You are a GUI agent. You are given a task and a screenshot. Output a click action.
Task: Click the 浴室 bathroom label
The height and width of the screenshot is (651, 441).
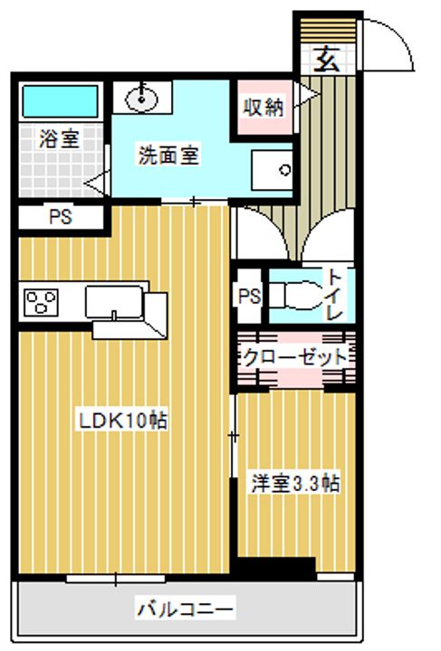[x=59, y=139]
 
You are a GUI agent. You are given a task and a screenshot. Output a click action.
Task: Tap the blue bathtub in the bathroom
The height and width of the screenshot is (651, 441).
[x=61, y=101]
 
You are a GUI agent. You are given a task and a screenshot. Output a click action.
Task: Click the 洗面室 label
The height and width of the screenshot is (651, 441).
[x=168, y=155]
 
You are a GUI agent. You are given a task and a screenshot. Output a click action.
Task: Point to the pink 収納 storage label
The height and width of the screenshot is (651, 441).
[x=264, y=108]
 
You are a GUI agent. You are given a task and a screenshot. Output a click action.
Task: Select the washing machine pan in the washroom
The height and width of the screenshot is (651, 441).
[x=273, y=170]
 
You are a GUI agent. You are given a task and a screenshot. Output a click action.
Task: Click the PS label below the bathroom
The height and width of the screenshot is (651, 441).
[x=61, y=217]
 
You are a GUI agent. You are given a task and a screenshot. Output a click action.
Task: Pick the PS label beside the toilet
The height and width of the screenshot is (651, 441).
[x=249, y=297]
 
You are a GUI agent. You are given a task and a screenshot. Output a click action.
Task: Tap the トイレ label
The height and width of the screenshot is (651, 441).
[x=335, y=295]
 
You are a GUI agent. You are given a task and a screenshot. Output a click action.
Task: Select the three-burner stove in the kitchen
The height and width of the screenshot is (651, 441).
[x=41, y=302]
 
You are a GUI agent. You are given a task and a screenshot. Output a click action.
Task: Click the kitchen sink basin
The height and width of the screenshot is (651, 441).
[x=114, y=302]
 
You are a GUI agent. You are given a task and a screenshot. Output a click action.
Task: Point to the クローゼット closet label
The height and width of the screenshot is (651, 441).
[x=294, y=357]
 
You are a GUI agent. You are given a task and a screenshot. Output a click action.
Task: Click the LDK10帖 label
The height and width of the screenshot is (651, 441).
[x=123, y=421]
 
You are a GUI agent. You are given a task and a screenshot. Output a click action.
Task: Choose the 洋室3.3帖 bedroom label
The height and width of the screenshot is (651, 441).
[x=295, y=483]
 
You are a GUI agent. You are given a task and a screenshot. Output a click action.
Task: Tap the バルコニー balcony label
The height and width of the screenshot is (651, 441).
[x=186, y=609]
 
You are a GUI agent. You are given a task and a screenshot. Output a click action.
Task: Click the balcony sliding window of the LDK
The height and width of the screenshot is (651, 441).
[x=116, y=579]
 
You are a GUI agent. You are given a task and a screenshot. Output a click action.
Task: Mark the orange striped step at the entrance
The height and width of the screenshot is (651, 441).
[x=329, y=31]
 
